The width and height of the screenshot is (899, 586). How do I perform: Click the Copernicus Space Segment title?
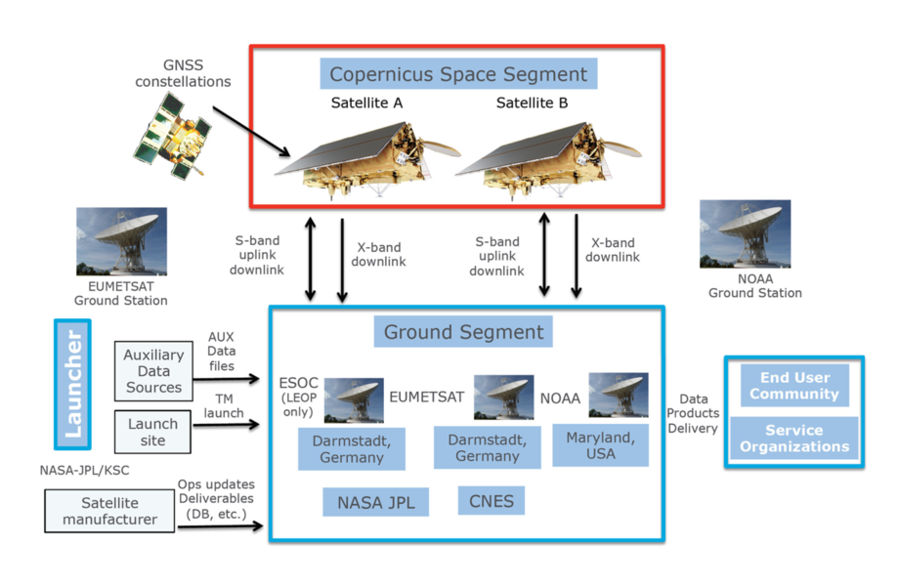[x=458, y=74]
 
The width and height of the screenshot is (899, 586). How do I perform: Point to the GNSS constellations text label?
[x=184, y=73]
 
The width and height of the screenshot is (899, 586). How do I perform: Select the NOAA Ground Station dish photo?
[x=745, y=234]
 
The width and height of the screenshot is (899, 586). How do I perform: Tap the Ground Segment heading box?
[x=463, y=332]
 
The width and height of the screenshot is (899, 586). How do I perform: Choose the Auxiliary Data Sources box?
[x=153, y=370]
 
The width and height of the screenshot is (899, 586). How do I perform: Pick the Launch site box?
[x=153, y=432]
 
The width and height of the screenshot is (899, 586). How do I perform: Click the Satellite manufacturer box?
[x=109, y=511]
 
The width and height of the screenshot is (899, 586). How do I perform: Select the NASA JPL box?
[x=376, y=503]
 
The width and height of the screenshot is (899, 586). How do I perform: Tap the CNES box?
[x=492, y=502]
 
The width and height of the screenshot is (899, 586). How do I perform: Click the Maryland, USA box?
[x=600, y=444]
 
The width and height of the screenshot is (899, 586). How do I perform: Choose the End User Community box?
[x=793, y=386]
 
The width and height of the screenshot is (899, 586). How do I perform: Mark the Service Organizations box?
[x=793, y=439]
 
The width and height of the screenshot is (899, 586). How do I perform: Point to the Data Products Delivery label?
[x=694, y=414]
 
